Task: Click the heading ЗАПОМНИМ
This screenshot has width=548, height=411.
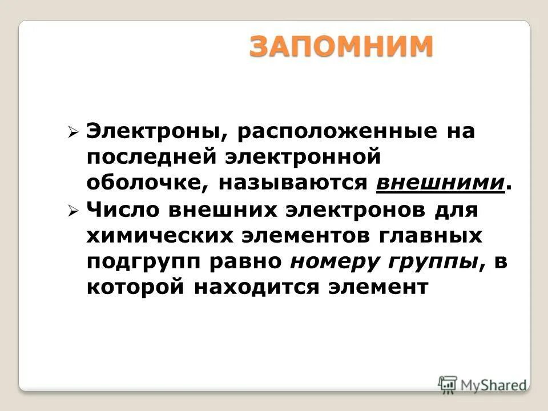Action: point(341,46)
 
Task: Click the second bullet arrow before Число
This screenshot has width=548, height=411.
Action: point(72,211)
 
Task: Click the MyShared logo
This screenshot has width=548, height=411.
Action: point(482,384)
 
